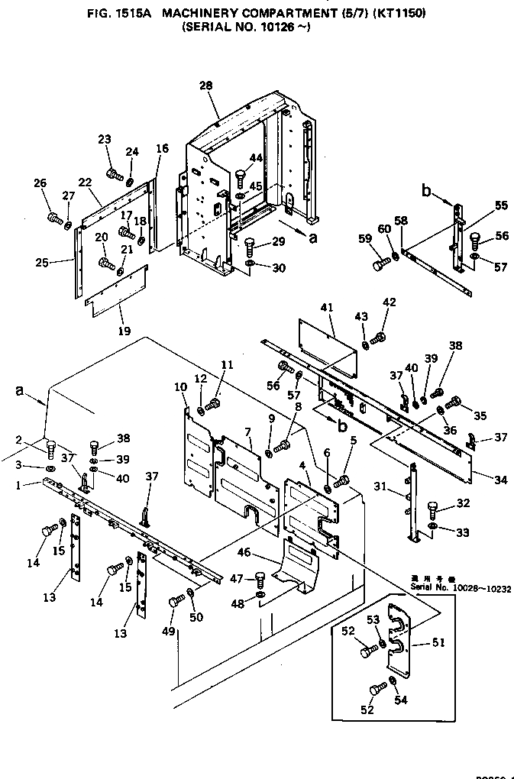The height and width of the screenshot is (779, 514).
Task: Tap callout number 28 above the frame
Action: (x=206, y=86)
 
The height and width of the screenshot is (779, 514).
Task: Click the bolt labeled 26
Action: (x=54, y=219)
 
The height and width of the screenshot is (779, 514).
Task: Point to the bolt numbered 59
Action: (x=380, y=265)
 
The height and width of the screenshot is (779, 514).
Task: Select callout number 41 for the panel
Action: (x=328, y=308)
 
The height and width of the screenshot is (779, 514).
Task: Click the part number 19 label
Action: (x=124, y=331)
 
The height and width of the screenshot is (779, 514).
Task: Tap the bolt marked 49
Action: (x=174, y=601)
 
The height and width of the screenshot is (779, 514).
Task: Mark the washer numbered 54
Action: (x=392, y=681)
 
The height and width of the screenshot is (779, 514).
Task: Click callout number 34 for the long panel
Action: (x=500, y=480)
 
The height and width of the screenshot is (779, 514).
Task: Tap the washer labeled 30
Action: (x=251, y=265)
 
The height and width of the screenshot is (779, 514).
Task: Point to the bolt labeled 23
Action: (x=115, y=175)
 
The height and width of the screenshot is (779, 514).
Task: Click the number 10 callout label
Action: (x=180, y=387)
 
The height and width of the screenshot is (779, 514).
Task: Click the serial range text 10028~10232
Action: (x=482, y=589)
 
